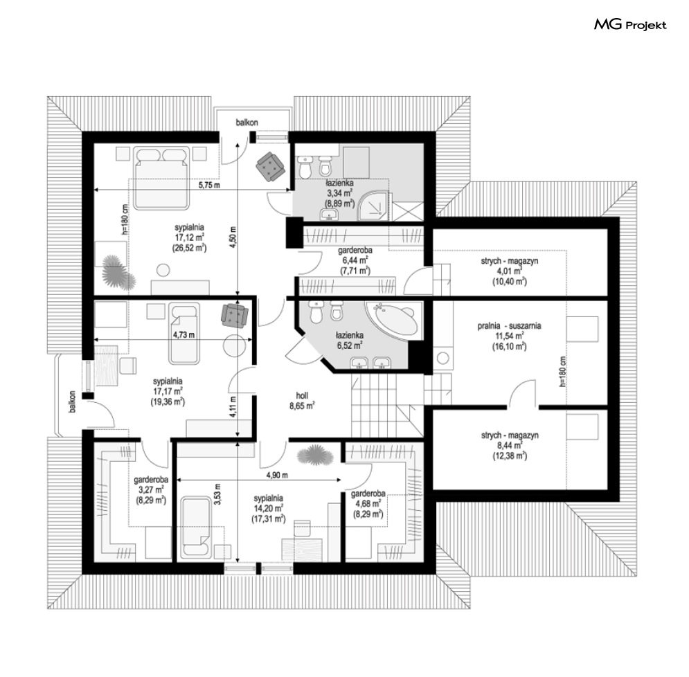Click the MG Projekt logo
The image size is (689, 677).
(630, 25)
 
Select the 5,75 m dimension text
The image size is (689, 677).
(209, 185)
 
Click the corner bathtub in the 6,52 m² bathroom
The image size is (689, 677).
(392, 318)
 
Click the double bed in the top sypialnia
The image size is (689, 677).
(162, 179)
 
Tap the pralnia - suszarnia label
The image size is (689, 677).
(509, 326)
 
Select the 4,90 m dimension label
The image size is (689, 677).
(277, 475)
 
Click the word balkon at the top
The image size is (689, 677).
(247, 123)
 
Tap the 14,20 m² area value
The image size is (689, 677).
(269, 509)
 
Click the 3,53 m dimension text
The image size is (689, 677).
(217, 494)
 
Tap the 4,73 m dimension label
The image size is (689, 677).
(184, 335)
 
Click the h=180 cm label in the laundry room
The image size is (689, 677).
(563, 371)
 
